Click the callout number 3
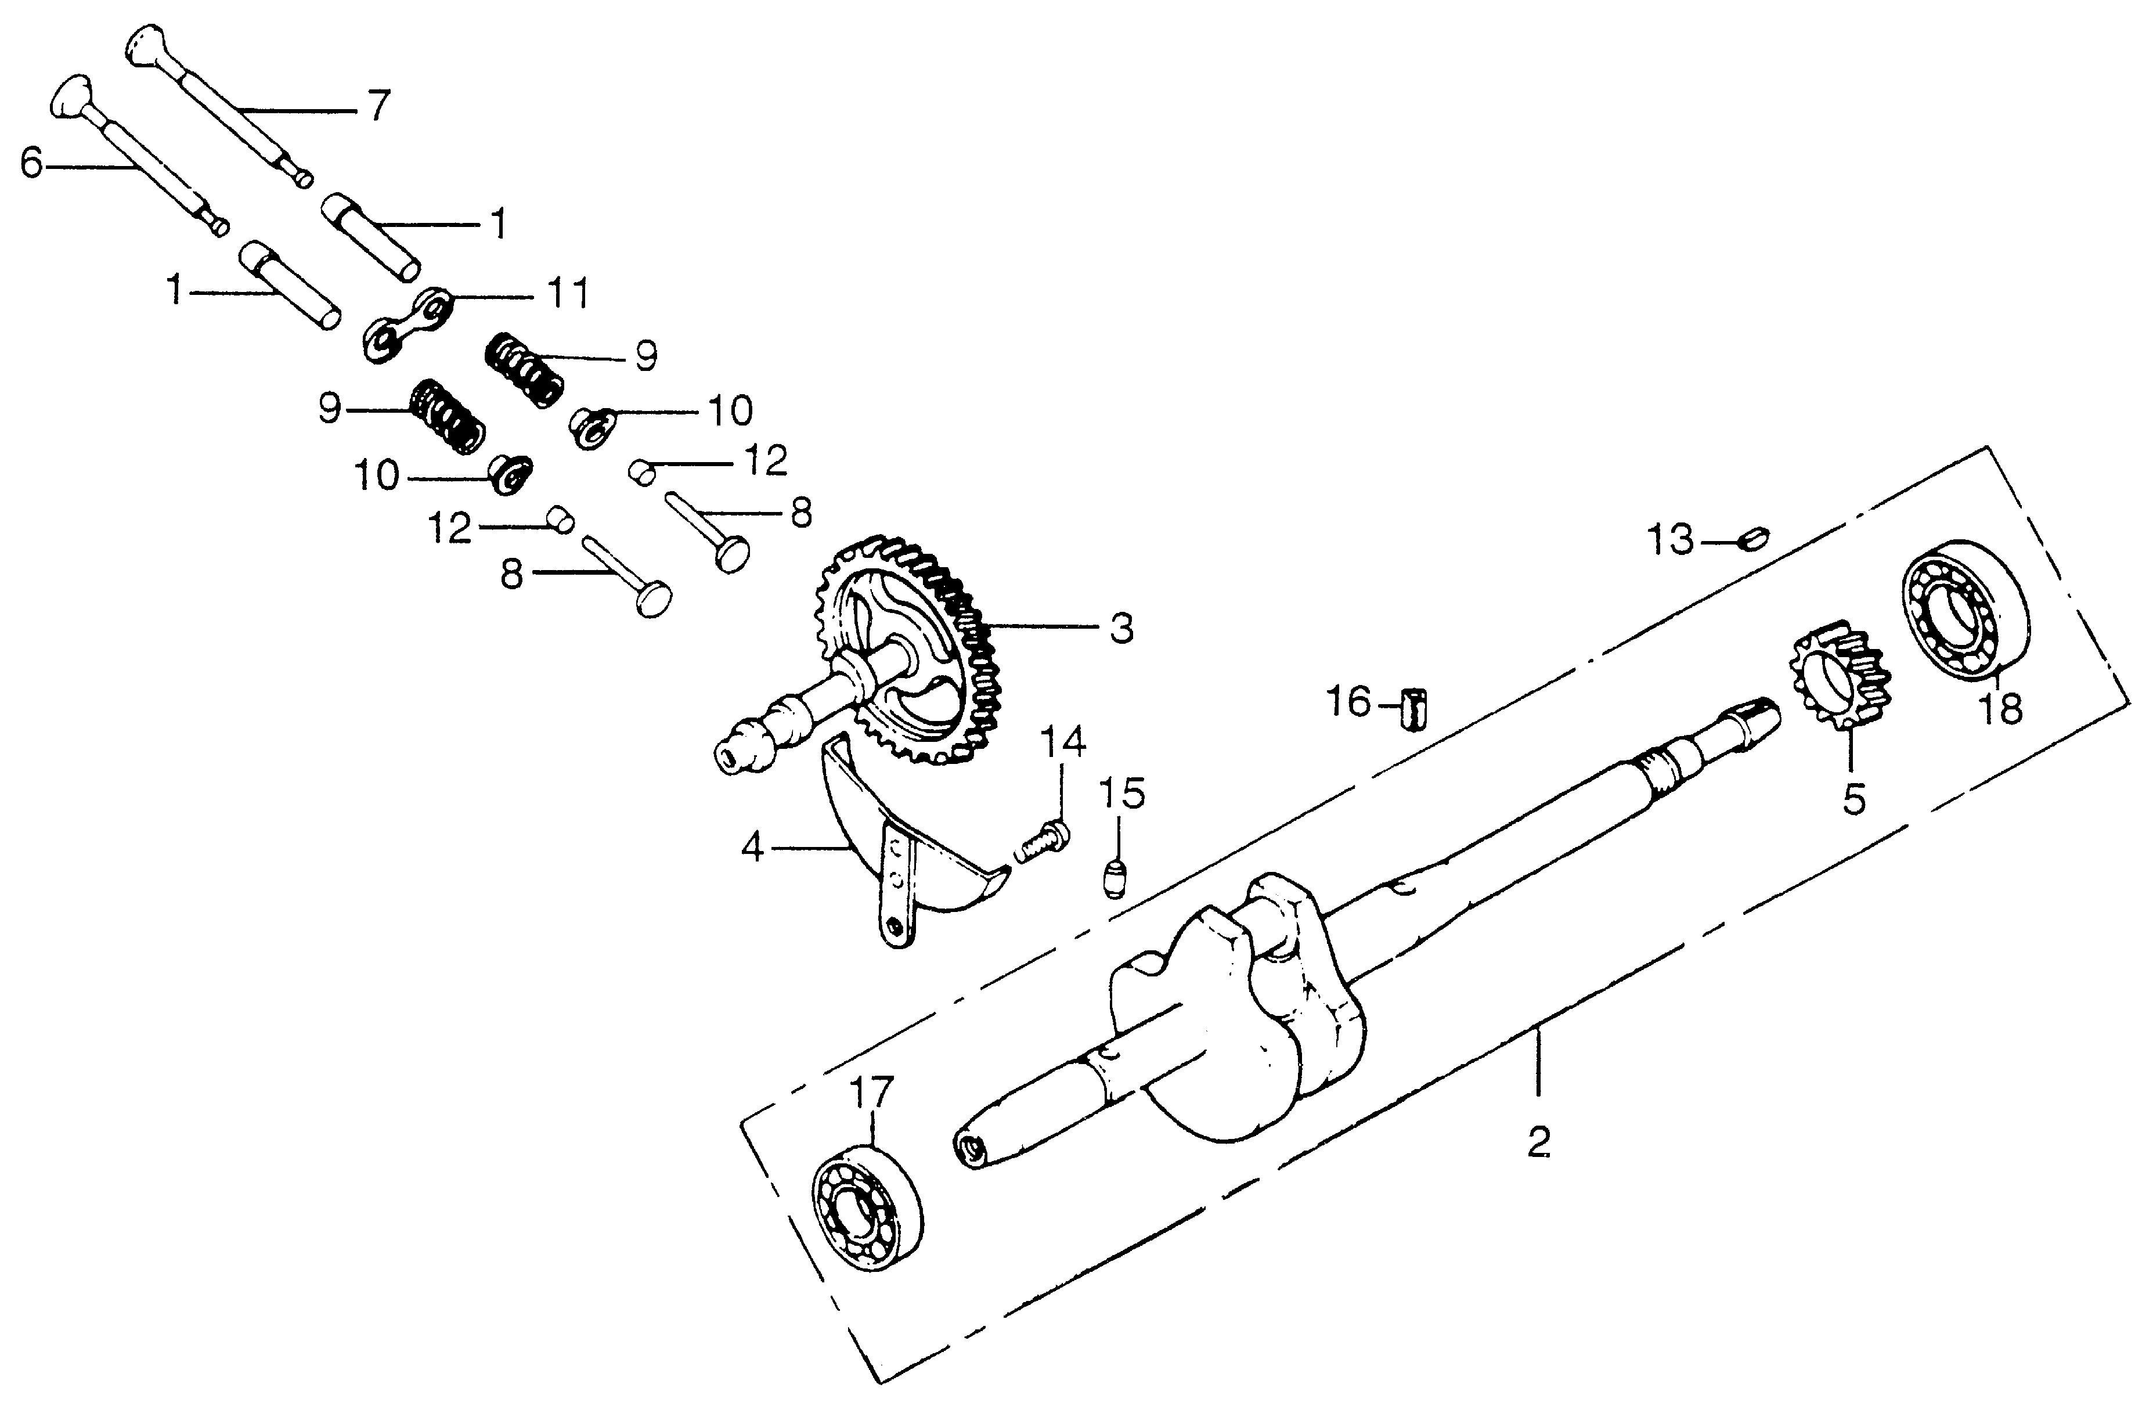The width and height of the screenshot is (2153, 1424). tap(1122, 629)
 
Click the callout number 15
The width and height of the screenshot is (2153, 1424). tap(1122, 793)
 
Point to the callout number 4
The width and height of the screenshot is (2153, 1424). tap(753, 849)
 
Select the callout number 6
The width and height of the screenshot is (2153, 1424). tap(32, 164)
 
